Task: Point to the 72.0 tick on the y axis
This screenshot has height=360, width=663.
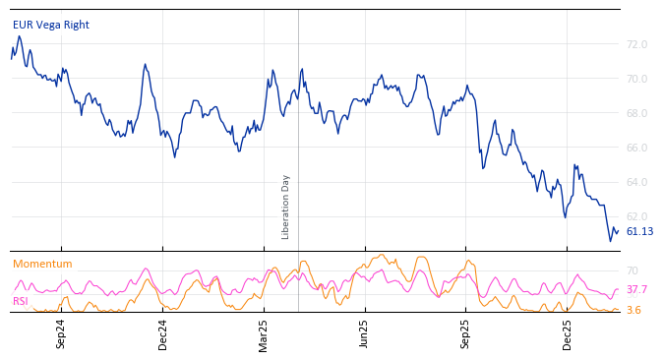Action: click(x=636, y=45)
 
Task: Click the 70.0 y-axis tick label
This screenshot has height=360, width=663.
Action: click(x=636, y=79)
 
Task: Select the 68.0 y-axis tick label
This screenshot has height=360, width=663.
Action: click(x=636, y=113)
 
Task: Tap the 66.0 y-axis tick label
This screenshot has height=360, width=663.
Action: click(x=636, y=148)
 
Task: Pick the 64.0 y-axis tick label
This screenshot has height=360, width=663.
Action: click(x=636, y=182)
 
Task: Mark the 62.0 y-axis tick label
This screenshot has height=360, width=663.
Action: click(x=636, y=216)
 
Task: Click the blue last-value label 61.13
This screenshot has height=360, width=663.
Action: click(x=639, y=232)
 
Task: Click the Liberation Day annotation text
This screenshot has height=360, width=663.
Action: click(x=286, y=207)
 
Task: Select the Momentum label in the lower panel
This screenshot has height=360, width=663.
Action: click(x=42, y=264)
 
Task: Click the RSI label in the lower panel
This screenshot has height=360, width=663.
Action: click(x=20, y=301)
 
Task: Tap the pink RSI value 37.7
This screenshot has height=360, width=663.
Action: click(x=636, y=290)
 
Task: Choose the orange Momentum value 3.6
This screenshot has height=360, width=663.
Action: click(x=633, y=310)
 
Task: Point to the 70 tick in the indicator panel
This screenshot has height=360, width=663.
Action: click(x=632, y=270)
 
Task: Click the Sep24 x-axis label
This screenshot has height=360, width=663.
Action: click(x=61, y=333)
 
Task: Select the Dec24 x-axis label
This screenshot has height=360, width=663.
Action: click(x=163, y=333)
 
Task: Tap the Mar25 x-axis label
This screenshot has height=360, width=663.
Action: click(x=264, y=333)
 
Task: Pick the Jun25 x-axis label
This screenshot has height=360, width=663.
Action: click(x=364, y=333)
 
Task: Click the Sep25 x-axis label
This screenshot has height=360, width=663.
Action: click(x=465, y=333)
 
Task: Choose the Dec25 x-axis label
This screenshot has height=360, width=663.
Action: click(x=567, y=333)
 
